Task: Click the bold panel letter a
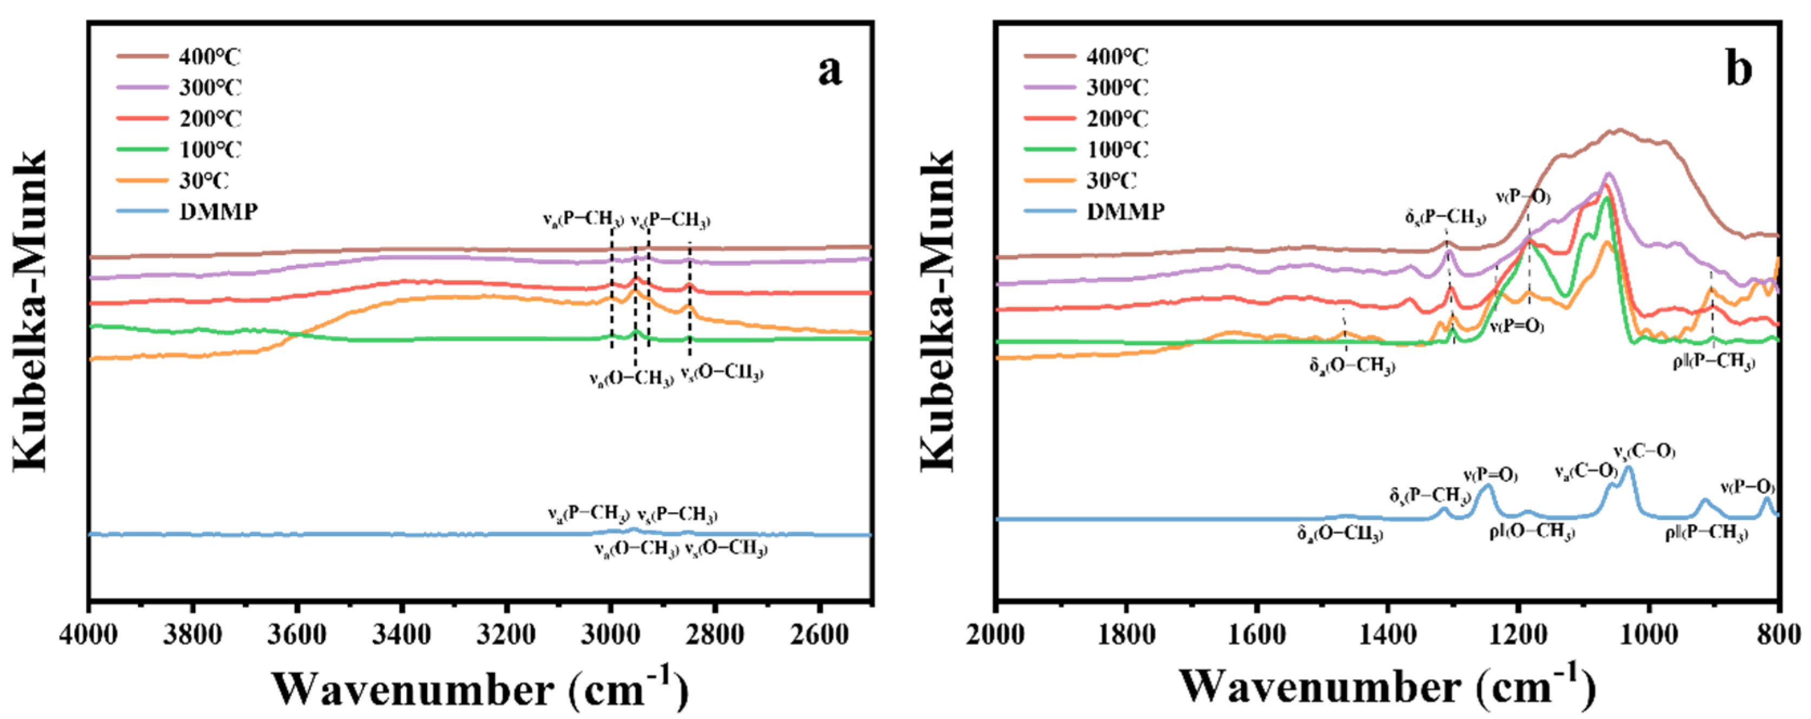(829, 70)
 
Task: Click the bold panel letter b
(1738, 70)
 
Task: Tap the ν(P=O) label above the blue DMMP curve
(1491, 476)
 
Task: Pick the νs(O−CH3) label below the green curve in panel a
(721, 373)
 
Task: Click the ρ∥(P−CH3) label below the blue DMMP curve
(1705, 535)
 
